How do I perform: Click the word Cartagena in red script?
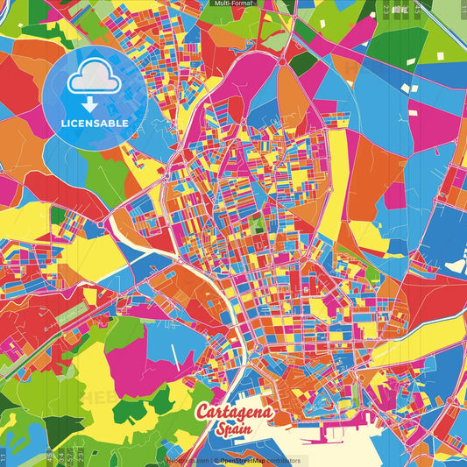click(235, 412)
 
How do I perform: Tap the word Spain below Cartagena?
click(237, 429)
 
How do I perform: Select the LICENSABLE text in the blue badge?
click(95, 123)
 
